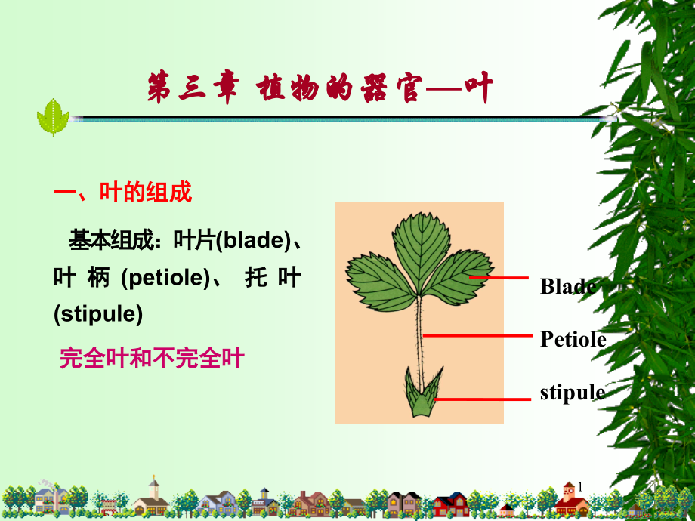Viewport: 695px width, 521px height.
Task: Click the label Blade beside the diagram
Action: tap(569, 286)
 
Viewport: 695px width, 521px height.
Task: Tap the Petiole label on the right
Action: tap(573, 339)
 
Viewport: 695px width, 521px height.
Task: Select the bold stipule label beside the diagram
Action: tap(573, 393)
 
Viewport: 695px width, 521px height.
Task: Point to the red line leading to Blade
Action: tap(499, 278)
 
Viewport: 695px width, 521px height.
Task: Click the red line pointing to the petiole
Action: tap(477, 336)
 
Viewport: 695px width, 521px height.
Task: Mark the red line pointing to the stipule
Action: tap(483, 399)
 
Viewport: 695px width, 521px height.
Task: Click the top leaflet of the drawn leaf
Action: tap(421, 251)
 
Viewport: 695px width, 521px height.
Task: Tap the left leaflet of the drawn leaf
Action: tap(381, 282)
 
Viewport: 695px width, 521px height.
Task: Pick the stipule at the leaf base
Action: tap(423, 392)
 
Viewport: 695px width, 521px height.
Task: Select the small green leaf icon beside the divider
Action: tap(53, 117)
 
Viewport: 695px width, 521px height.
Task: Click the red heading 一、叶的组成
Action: tap(123, 193)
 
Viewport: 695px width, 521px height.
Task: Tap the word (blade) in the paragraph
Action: tap(252, 241)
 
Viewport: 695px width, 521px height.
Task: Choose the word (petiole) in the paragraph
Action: tap(165, 278)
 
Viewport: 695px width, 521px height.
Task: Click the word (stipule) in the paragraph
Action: tap(98, 314)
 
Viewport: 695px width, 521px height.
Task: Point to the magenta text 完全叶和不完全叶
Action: tap(152, 358)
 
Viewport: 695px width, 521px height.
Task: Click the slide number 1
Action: tap(579, 487)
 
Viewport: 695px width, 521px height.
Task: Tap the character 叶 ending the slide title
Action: tap(479, 88)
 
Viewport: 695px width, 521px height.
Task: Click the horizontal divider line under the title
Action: tap(341, 119)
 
